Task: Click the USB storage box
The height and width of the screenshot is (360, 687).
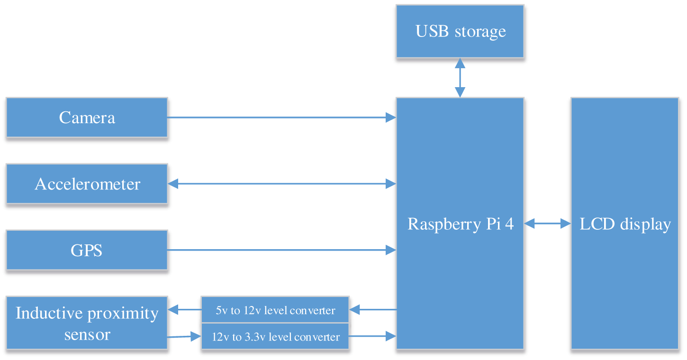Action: [460, 31]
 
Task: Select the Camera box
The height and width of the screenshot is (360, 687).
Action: [87, 117]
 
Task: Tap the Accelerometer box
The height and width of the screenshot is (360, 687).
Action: [87, 184]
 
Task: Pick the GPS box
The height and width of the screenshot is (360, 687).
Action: [87, 250]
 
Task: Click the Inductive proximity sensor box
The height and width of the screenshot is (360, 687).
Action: [87, 324]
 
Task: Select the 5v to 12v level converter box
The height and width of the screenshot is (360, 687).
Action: [275, 310]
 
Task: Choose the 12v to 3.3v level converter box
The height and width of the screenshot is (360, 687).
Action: [275, 337]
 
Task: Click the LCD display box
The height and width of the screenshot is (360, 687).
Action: [625, 224]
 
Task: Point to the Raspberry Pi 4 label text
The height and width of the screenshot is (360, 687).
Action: [461, 224]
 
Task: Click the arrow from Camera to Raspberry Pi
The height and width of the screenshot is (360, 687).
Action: [281, 117]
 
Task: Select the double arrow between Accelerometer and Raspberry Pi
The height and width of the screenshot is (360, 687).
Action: [281, 184]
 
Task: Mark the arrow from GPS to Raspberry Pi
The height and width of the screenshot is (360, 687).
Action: [281, 250]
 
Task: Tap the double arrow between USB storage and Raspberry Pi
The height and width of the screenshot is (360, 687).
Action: [460, 78]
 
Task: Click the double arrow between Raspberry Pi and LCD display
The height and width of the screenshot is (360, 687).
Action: [547, 224]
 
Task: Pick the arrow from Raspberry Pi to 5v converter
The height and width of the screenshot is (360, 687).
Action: [373, 310]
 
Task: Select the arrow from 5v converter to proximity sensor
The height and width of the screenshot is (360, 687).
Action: [185, 310]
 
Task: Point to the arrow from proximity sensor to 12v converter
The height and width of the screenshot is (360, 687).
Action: [185, 337]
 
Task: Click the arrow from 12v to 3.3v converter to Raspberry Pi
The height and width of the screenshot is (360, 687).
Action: [373, 336]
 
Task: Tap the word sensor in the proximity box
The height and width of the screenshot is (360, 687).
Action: [87, 334]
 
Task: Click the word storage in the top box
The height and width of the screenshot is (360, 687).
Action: [480, 32]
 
